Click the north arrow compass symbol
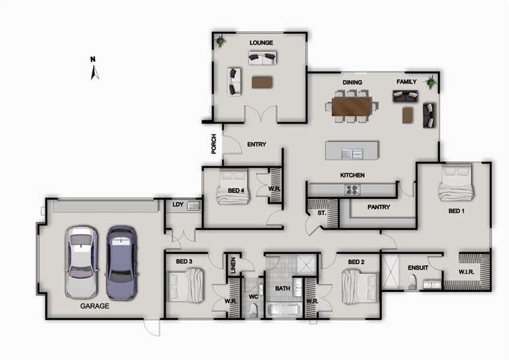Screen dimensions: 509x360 click(94, 73)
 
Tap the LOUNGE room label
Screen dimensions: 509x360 click(261, 43)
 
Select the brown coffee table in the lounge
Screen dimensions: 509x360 click(262, 82)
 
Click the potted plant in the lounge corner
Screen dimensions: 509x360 click(221, 41)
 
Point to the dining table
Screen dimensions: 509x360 click(352, 107)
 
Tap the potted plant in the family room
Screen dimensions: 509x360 click(431, 82)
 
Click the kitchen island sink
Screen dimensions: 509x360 click(352, 154)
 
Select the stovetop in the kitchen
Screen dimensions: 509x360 click(352, 190)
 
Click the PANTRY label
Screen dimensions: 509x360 click(379, 207)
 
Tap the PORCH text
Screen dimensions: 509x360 click(214, 144)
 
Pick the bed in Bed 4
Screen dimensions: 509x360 click(233, 187)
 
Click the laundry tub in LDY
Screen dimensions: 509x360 click(194, 206)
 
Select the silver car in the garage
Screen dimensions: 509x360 click(81, 262)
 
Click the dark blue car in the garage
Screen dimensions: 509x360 click(121, 263)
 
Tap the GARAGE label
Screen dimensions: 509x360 click(94, 306)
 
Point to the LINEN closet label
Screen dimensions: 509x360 click(233, 265)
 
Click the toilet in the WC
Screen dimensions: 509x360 click(253, 310)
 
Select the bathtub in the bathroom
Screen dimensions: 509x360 click(284, 310)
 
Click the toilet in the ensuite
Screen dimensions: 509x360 click(412, 282)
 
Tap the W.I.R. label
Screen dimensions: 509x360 click(466, 272)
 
